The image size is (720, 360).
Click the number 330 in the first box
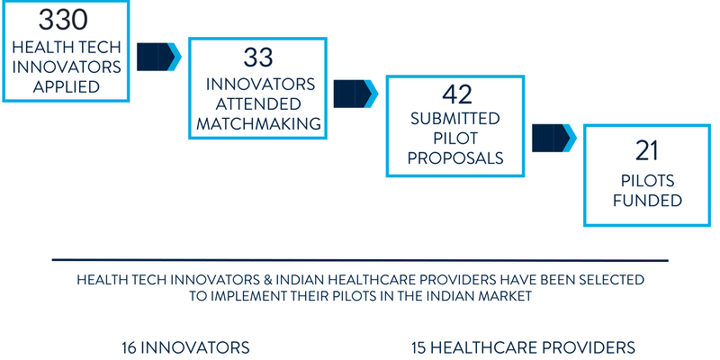(62, 20)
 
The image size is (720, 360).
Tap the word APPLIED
(67, 86)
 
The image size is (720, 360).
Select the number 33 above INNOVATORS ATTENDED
(258, 58)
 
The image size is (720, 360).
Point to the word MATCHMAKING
(259, 124)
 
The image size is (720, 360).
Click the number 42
(457, 94)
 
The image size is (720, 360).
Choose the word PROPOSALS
(455, 158)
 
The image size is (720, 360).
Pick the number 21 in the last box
(647, 151)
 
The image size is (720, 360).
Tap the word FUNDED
(647, 201)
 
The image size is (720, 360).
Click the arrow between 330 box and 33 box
(159, 57)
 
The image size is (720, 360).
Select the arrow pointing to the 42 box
(355, 94)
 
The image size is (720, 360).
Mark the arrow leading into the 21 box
(554, 138)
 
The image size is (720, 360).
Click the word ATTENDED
(258, 104)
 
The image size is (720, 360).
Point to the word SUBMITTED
(455, 119)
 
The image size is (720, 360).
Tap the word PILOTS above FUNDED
(647, 181)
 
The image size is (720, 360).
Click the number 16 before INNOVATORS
(130, 347)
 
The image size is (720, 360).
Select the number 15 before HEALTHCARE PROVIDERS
(419, 347)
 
